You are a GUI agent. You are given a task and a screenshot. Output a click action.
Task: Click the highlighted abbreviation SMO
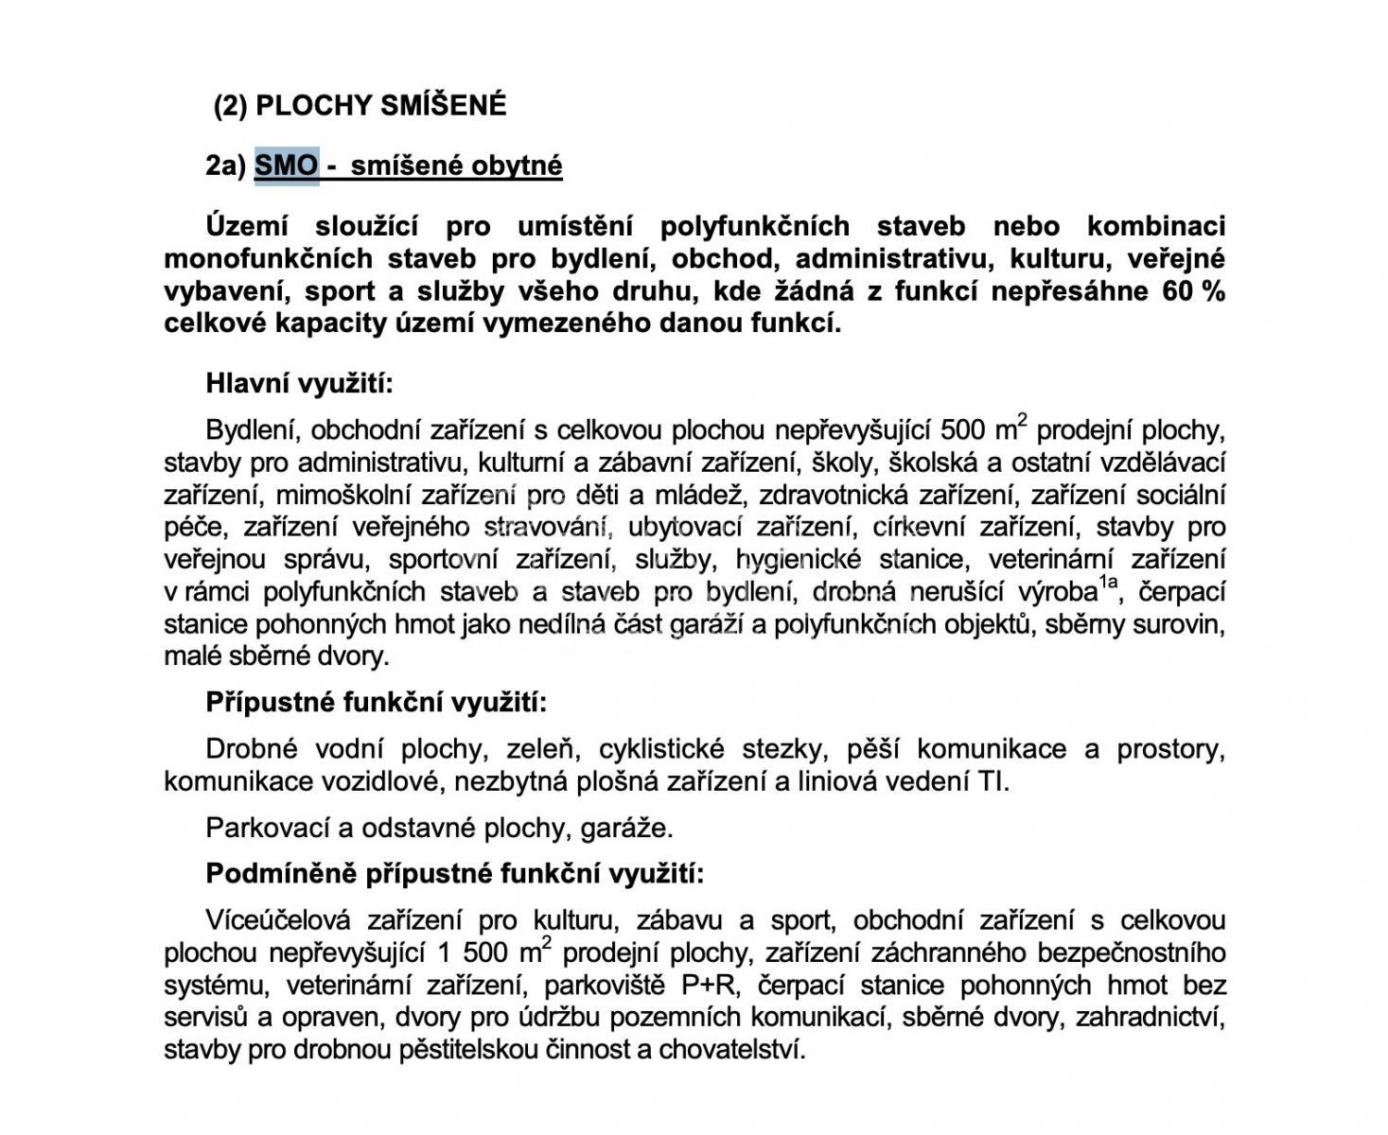coord(287,166)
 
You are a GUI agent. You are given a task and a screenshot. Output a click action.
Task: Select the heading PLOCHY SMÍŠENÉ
coord(380,105)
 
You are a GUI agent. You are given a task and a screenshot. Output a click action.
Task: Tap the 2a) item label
coord(225,166)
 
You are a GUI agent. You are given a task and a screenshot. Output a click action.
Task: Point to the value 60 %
coord(1192,290)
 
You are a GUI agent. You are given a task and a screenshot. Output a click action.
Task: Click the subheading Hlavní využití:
coord(299,384)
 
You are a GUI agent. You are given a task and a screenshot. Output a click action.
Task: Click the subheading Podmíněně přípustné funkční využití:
coord(455,873)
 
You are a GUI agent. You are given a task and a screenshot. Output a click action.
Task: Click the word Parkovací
coord(267,829)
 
